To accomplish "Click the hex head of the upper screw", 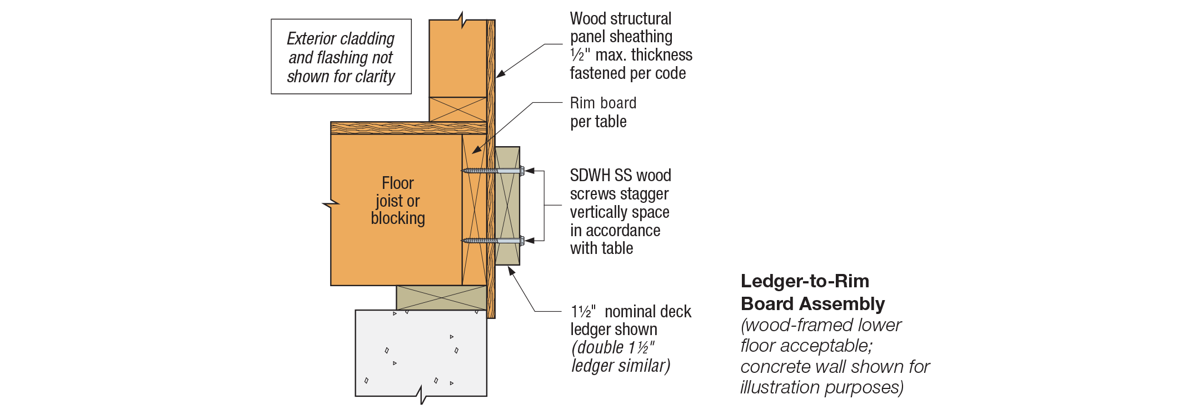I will (522, 171).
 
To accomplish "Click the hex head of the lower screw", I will (522, 241).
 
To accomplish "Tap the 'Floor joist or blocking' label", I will (397, 201).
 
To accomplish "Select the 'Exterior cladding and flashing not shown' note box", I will (341, 57).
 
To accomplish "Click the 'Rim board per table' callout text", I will (602, 112).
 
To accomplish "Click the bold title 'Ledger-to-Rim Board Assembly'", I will (812, 292).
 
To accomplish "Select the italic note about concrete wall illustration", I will (834, 356).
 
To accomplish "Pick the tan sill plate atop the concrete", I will (441, 298).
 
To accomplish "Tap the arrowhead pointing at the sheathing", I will (500, 74).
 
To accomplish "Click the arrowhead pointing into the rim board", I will (476, 150).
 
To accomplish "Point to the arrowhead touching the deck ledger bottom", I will (511, 271).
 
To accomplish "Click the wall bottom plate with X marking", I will (457, 109).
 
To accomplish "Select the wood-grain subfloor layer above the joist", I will (408, 128).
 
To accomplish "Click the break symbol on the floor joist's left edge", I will (331, 204).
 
